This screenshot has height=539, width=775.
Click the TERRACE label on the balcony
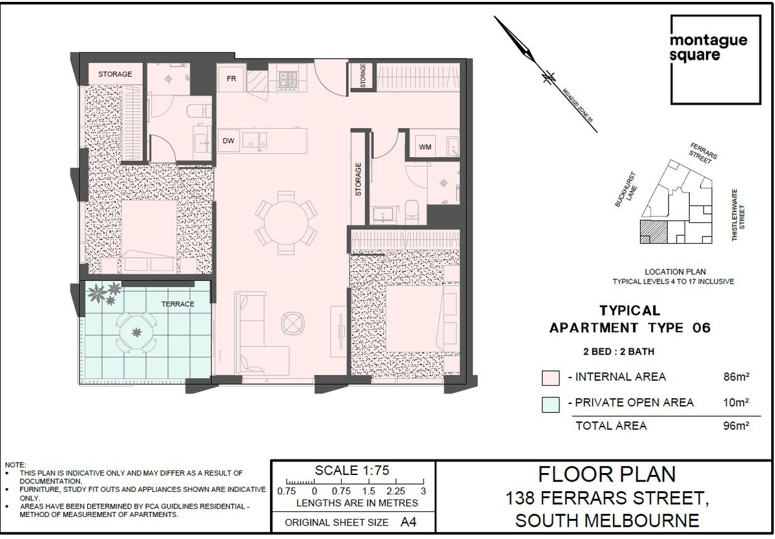pyautogui.click(x=178, y=304)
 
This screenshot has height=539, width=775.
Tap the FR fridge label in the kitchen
pyautogui.click(x=231, y=79)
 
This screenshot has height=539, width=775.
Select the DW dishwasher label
pyautogui.click(x=229, y=140)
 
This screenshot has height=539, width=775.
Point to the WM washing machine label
pyautogui.click(x=425, y=147)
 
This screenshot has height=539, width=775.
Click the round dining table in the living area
pyautogui.click(x=286, y=222)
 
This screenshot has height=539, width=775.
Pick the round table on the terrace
pyautogui.click(x=136, y=333)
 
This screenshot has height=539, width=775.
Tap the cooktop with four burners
pyautogui.click(x=288, y=80)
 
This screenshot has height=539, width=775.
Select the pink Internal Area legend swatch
pyautogui.click(x=550, y=377)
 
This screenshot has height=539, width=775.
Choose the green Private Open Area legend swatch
pyautogui.click(x=550, y=405)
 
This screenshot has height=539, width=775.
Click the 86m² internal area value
pyautogui.click(x=736, y=377)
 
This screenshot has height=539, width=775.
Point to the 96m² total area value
pyautogui.click(x=736, y=425)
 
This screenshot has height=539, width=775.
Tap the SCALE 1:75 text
pyautogui.click(x=352, y=470)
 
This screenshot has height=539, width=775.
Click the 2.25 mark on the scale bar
pyautogui.click(x=396, y=491)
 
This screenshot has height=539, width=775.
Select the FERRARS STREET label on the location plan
pyautogui.click(x=703, y=153)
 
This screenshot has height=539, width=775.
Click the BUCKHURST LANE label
pyautogui.click(x=626, y=190)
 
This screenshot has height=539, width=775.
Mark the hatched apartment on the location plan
pyautogui.click(x=653, y=231)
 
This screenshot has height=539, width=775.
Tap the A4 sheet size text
pyautogui.click(x=408, y=522)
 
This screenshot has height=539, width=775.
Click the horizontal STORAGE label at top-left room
pyautogui.click(x=115, y=74)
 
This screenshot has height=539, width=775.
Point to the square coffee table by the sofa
pyautogui.click(x=293, y=323)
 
